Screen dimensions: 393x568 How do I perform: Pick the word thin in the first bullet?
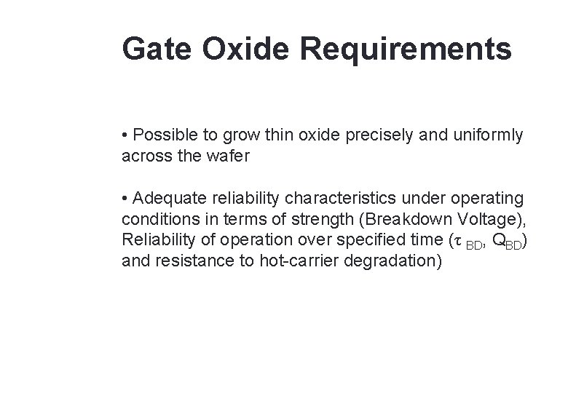tap(282, 135)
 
